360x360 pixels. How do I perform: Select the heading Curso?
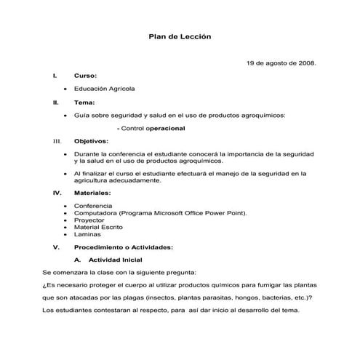(x=85, y=76)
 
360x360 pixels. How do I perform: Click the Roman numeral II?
(x=55, y=103)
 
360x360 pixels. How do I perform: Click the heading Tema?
(x=84, y=103)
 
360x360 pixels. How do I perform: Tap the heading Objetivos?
(x=91, y=140)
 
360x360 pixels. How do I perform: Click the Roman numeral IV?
(x=56, y=193)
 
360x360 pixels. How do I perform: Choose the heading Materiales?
(x=92, y=193)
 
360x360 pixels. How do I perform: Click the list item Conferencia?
(x=93, y=206)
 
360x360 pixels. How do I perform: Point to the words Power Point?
(x=227, y=213)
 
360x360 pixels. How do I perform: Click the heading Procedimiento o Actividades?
(x=124, y=247)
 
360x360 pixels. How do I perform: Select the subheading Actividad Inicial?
(x=115, y=260)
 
